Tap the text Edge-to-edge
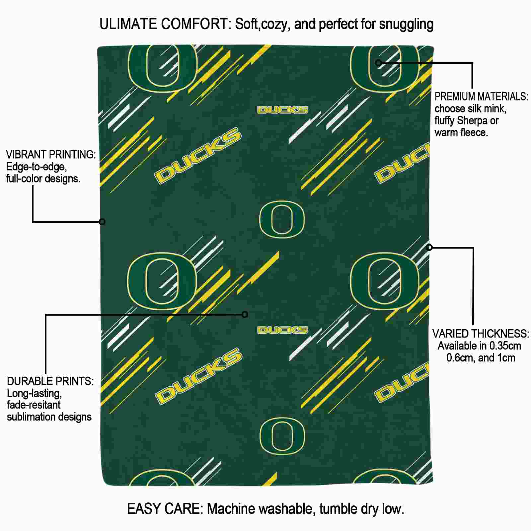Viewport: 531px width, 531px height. point(37,167)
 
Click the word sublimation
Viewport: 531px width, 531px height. point(28,417)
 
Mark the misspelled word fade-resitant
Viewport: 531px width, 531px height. point(34,405)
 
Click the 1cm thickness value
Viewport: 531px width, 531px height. point(506,358)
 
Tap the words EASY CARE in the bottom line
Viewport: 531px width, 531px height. point(165,509)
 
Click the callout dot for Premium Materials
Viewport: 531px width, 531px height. point(378,63)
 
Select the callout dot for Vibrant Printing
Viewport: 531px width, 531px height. point(102,222)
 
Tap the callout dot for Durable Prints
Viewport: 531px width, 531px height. point(245,314)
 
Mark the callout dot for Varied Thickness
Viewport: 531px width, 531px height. point(429,247)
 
